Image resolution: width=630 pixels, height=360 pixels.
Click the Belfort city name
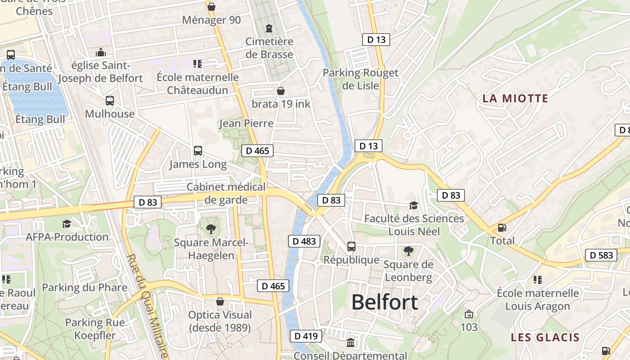point(385,302)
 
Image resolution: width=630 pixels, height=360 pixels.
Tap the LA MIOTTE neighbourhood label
point(515,98)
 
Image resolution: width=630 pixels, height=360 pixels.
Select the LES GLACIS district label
point(545,337)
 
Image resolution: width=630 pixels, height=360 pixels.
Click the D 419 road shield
point(306,336)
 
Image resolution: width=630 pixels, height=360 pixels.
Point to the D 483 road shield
point(304,241)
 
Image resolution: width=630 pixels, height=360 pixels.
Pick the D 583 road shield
point(601,255)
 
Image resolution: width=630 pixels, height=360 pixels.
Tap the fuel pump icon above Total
point(502,228)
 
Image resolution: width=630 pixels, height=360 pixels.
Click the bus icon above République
point(351,247)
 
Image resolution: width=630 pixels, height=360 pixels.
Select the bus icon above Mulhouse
point(110,101)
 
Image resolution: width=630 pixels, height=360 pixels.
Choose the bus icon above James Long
point(198,151)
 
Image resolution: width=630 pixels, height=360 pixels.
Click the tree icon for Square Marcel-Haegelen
point(211,229)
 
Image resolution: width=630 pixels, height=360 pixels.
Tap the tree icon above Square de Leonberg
point(408,251)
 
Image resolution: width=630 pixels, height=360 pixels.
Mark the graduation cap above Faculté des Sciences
point(414,206)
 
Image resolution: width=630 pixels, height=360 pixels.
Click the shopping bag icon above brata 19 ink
point(281,91)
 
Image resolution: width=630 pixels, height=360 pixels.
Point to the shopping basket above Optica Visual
point(220,301)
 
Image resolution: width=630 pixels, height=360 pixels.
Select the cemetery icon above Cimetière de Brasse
point(269,28)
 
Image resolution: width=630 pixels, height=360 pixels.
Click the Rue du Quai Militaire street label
point(147,306)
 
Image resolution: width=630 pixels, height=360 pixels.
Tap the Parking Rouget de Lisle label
point(360,79)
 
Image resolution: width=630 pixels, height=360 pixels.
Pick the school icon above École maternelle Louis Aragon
point(537,280)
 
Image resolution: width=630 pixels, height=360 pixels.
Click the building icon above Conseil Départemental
point(351,343)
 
